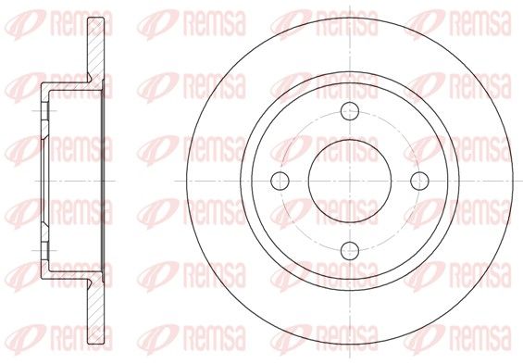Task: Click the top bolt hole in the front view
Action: (x=350, y=111)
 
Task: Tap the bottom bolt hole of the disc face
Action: (x=350, y=251)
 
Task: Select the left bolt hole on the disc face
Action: (x=280, y=181)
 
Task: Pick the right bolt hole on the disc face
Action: (x=419, y=181)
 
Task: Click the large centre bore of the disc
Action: (x=350, y=181)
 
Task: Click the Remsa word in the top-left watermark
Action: (x=81, y=23)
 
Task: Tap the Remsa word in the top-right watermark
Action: (x=480, y=23)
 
